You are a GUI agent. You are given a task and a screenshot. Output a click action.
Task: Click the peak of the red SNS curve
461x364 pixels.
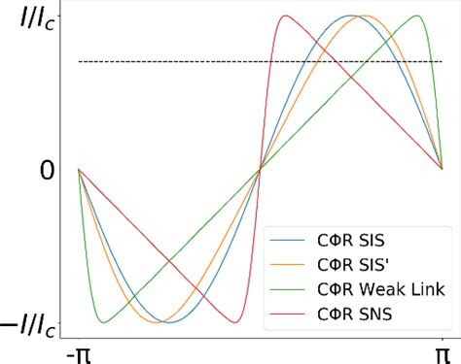(x=285, y=17)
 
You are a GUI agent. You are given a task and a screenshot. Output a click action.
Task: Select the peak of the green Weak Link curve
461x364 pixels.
(x=416, y=17)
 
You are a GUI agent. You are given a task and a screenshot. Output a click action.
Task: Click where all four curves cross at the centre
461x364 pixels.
(x=260, y=169)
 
